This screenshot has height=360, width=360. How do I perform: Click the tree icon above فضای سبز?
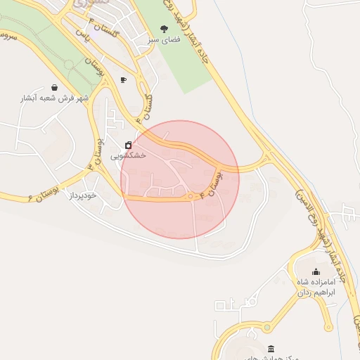[x=165, y=29]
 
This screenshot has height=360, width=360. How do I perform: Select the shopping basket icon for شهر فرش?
[x=55, y=87]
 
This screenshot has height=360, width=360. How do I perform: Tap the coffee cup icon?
[x=124, y=79]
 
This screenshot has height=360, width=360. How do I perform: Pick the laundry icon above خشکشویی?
[x=127, y=146]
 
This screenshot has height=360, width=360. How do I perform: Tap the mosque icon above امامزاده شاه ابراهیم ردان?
[x=316, y=272]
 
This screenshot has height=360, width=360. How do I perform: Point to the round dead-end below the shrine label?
[x=328, y=328]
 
